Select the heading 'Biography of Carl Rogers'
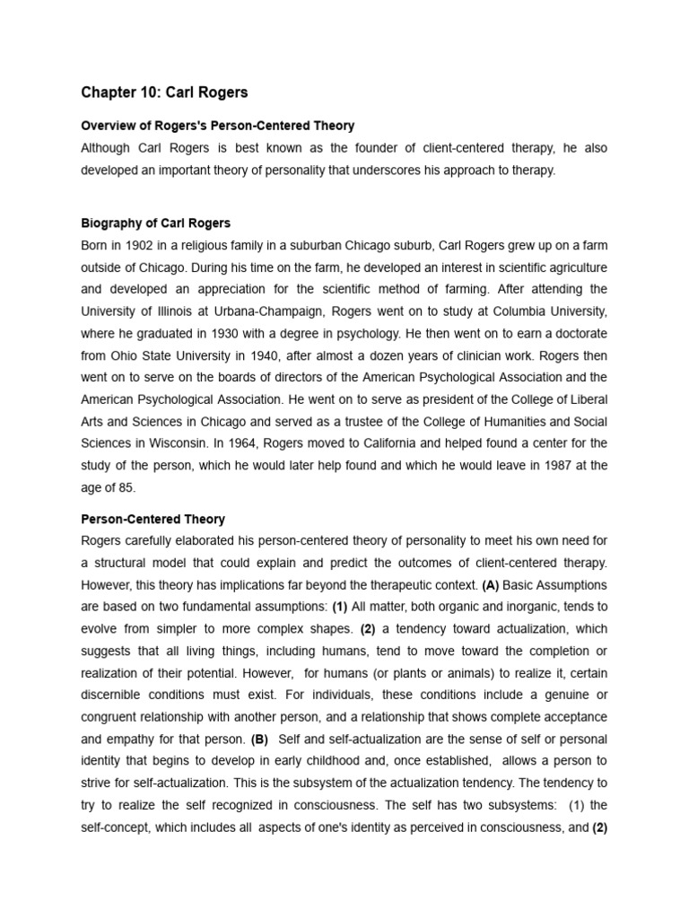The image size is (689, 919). [x=156, y=223]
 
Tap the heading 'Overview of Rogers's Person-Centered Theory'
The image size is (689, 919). [x=218, y=126]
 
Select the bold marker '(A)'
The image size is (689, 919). [x=490, y=585]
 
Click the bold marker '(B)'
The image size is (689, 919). [x=259, y=740]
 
